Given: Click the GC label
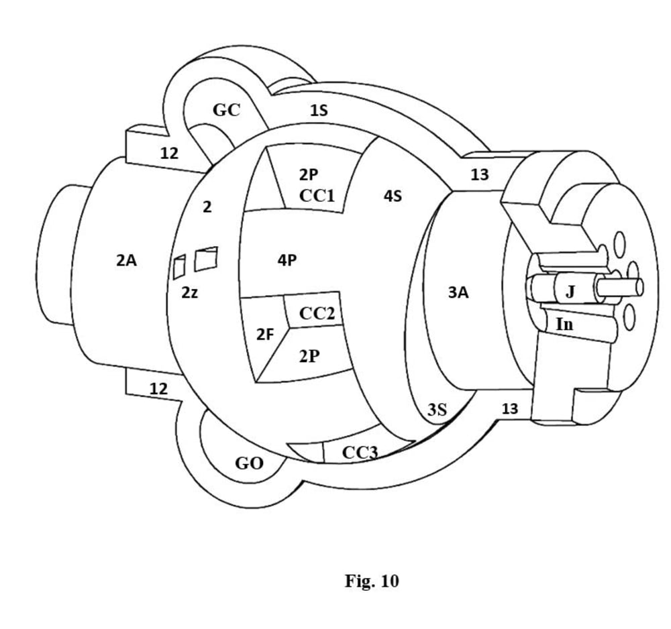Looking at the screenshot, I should (x=226, y=110).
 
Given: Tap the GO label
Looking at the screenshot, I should (x=249, y=463).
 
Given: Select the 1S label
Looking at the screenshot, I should (x=319, y=111).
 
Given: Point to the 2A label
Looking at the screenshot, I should (x=126, y=261).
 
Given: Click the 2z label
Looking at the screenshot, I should (x=190, y=293).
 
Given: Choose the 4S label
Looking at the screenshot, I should (x=393, y=197).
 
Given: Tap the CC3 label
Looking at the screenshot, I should (x=360, y=453).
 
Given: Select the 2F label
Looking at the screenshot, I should (x=265, y=333).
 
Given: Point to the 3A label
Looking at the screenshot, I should (x=458, y=292).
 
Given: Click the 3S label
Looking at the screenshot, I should (x=437, y=409).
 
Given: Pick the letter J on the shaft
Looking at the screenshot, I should (x=570, y=290).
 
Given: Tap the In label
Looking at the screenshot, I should (x=565, y=325).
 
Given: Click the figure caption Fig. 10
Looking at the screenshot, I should (x=372, y=581).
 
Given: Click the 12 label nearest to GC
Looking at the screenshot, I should (x=169, y=154).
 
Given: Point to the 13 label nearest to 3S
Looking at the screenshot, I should (x=510, y=409).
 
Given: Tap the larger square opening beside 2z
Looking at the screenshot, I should (x=207, y=259).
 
